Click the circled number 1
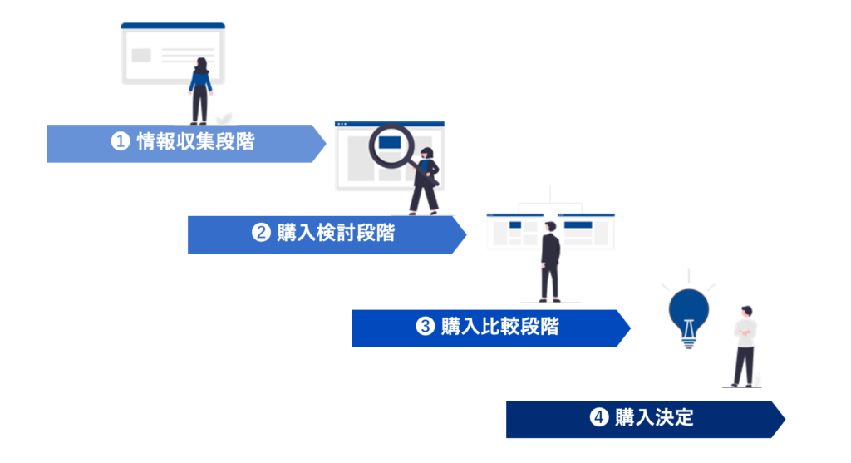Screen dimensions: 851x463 tap(121, 141)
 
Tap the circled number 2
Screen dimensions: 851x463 tap(261, 233)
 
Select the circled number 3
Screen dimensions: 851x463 tap(425, 326)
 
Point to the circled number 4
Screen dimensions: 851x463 tap(599, 417)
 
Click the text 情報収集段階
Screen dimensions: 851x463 tap(196, 141)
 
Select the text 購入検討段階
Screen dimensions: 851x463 tap(336, 233)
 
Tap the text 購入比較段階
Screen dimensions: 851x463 tap(499, 326)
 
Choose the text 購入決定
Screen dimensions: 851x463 tap(655, 417)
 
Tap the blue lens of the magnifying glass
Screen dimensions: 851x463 tap(391, 143)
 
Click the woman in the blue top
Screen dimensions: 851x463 tap(200, 91)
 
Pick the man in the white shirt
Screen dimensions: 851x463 tap(745, 347)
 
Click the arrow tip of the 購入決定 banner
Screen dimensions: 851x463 tap(785, 419)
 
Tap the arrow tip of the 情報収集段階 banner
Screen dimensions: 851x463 tap(325, 143)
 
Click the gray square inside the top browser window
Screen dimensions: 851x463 tap(141, 56)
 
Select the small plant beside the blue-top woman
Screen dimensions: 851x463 tap(224, 119)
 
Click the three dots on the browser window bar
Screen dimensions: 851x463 tap(342, 125)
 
